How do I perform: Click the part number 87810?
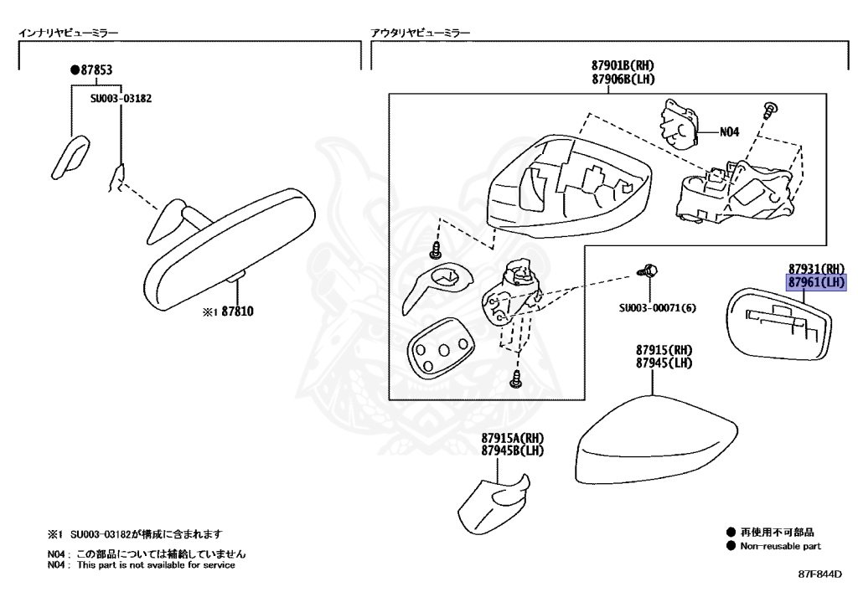pyautogui.click(x=237, y=311)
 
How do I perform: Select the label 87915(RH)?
pyautogui.click(x=663, y=349)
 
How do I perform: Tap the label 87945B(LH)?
pyautogui.click(x=513, y=451)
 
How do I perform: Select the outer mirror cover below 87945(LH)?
pyautogui.click(x=649, y=444)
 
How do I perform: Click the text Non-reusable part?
pyautogui.click(x=779, y=546)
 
